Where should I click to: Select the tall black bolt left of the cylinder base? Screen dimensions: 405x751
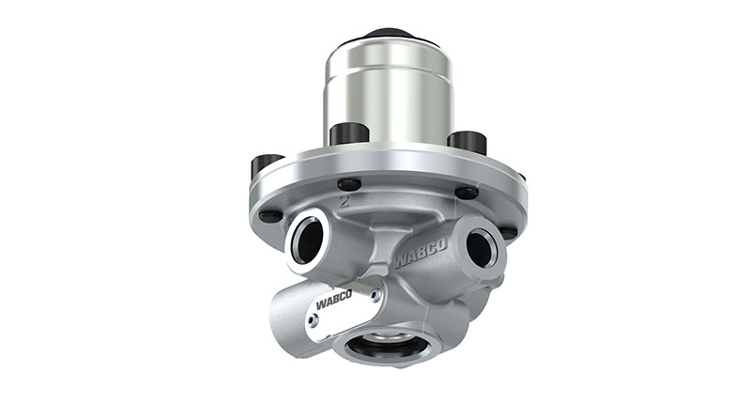tap(349, 133)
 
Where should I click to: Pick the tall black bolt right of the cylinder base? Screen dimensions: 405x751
tap(467, 141)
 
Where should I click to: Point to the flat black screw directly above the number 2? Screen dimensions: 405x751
tap(348, 183)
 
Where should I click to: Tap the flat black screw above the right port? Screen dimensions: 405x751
tap(467, 193)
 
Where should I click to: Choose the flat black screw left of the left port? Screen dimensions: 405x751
tap(269, 215)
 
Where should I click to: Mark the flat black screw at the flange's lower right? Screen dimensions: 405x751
tap(508, 231)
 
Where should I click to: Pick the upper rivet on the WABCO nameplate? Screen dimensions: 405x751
tap(373, 293)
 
